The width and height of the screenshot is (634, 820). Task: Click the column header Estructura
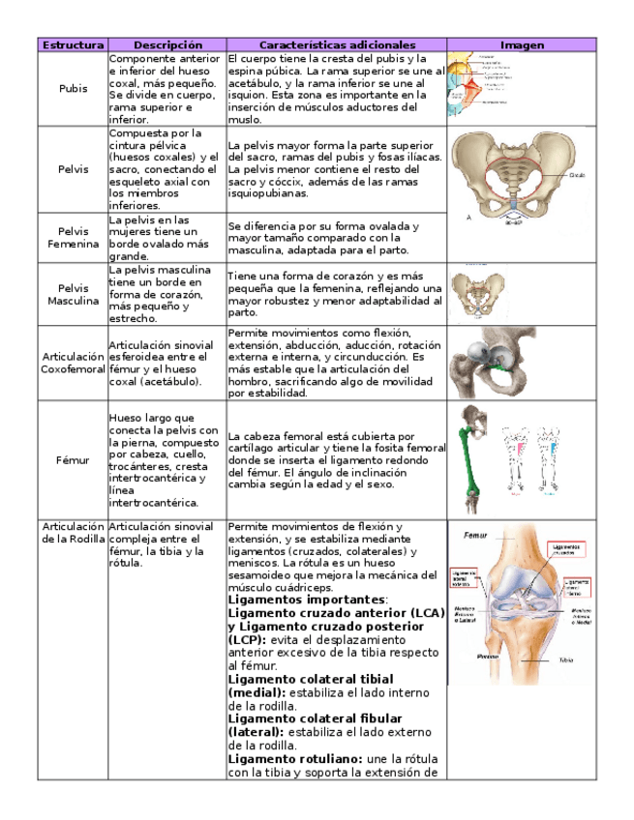pyautogui.click(x=74, y=44)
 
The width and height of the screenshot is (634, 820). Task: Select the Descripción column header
pyautogui.click(x=167, y=44)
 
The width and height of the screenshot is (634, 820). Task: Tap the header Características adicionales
pyautogui.click(x=337, y=44)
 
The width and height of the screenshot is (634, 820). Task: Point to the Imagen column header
pyautogui.click(x=522, y=44)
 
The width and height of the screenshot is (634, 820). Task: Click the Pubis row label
pyautogui.click(x=74, y=88)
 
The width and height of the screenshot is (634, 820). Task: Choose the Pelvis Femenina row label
pyautogui.click(x=74, y=237)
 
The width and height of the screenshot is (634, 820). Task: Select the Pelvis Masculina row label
pyautogui.click(x=74, y=294)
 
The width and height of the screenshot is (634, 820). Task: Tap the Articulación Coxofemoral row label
pyautogui.click(x=74, y=364)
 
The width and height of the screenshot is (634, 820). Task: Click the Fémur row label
pyautogui.click(x=74, y=460)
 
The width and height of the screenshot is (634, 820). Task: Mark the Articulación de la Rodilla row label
pyautogui.click(x=74, y=532)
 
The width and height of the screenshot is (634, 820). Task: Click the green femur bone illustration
pyautogui.click(x=472, y=454)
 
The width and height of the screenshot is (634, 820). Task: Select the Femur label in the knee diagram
pyautogui.click(x=475, y=535)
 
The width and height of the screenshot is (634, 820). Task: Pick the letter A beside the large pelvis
pyautogui.click(x=469, y=218)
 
